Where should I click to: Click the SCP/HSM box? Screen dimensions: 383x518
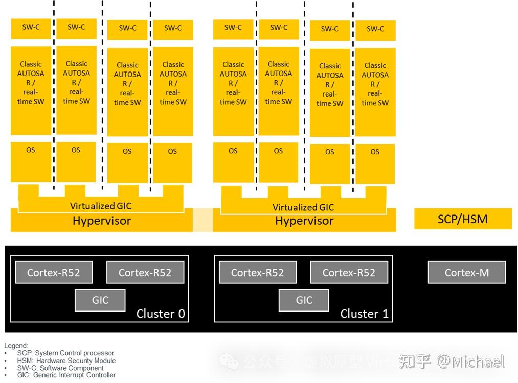pyautogui.click(x=463, y=219)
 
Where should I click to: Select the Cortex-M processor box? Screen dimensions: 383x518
pyautogui.click(x=466, y=273)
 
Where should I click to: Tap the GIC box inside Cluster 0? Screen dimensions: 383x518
pyautogui.click(x=100, y=300)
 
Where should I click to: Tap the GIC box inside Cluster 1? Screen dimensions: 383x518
pyautogui.click(x=304, y=300)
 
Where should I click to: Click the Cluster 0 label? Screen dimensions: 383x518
pyautogui.click(x=160, y=314)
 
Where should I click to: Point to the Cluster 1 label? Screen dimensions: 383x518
pyautogui.click(x=364, y=314)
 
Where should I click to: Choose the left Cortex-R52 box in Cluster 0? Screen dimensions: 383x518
pyautogui.click(x=54, y=273)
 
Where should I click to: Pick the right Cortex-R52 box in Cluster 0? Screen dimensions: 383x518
pyautogui.click(x=145, y=273)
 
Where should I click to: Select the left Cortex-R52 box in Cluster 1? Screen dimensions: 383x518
pyautogui.click(x=257, y=273)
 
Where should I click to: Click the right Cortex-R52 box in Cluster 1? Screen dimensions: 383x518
pyautogui.click(x=349, y=273)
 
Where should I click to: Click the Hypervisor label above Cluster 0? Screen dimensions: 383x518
pyautogui.click(x=102, y=221)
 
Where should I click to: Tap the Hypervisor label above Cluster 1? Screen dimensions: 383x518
pyautogui.click(x=304, y=221)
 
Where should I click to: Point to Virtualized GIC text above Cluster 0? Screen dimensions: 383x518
pyautogui.click(x=101, y=206)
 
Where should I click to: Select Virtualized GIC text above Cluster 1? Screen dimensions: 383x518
pyautogui.click(x=303, y=207)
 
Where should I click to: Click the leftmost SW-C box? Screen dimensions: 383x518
pyautogui.click(x=31, y=28)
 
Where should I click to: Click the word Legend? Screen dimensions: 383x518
pyautogui.click(x=16, y=346)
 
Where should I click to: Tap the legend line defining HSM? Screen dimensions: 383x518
pyautogui.click(x=66, y=361)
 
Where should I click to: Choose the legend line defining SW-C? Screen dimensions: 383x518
pyautogui.click(x=60, y=368)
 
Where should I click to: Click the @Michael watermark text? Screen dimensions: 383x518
pyautogui.click(x=470, y=362)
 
